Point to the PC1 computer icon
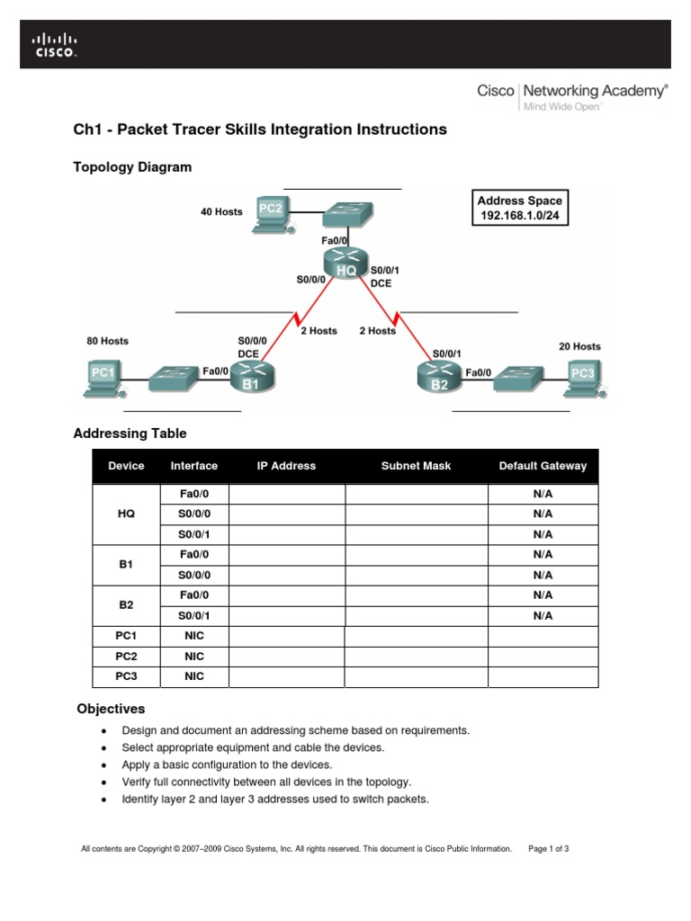(x=104, y=376)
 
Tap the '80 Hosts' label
(x=107, y=341)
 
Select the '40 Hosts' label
(x=221, y=212)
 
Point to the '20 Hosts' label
(x=579, y=346)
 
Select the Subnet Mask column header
(x=416, y=466)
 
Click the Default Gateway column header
(x=543, y=466)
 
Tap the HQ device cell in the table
(x=126, y=514)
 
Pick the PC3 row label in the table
(x=126, y=676)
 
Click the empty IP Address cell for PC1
(x=287, y=636)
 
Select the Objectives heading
(x=111, y=709)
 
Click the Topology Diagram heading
(x=131, y=167)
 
